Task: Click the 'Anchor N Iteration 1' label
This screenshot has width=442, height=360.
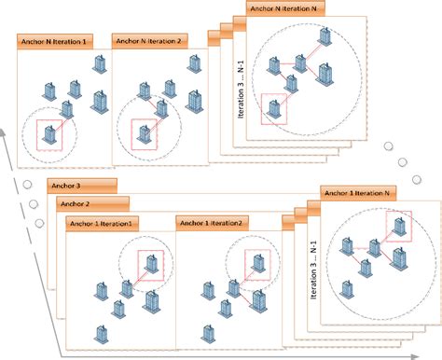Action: coord(54,42)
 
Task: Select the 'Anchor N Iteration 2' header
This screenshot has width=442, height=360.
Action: coord(148,41)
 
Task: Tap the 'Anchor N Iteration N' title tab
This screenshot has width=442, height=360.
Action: coord(284,7)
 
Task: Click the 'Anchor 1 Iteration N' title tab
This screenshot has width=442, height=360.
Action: coord(359,192)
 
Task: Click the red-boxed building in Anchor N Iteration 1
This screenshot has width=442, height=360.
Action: coord(50,136)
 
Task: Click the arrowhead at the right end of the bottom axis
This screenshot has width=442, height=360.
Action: coord(435,354)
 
